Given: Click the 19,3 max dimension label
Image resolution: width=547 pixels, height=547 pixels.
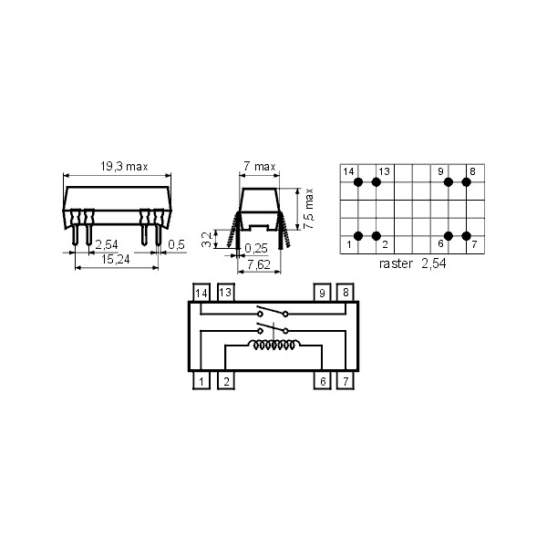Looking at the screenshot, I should coord(123,167).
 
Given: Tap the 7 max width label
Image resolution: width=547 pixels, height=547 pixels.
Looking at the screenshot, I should coord(259,167).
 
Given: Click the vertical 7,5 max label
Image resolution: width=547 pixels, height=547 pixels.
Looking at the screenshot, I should coord(310,210).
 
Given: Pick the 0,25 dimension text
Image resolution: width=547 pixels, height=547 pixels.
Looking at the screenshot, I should coord(258,248).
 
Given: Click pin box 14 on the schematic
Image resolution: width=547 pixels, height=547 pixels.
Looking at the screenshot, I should coord(201,293).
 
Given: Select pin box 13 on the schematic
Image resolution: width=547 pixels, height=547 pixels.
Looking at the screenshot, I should coord(224,293).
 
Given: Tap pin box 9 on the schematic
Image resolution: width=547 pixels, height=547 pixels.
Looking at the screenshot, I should coord(322,293).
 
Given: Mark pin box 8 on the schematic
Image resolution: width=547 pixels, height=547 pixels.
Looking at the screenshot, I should coord(346,293).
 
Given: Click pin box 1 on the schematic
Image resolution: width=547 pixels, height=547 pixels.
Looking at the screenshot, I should coord(201,380).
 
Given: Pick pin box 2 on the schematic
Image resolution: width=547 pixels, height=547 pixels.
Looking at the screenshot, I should coord(224,380).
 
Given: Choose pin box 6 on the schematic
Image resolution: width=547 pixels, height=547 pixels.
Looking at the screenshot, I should coord(322,380).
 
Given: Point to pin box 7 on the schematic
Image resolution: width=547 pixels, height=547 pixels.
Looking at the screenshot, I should coord(346,380).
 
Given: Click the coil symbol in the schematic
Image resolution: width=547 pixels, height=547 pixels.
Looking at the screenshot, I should coord(273,346).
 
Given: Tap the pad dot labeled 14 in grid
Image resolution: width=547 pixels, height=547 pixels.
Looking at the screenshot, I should coord(358,182).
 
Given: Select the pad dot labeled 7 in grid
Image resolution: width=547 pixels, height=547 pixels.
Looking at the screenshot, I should coord(467,236).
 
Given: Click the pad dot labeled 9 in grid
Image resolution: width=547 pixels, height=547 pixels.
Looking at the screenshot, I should coord(449,182).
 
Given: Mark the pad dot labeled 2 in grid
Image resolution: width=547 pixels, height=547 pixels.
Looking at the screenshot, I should coord(377,236).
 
